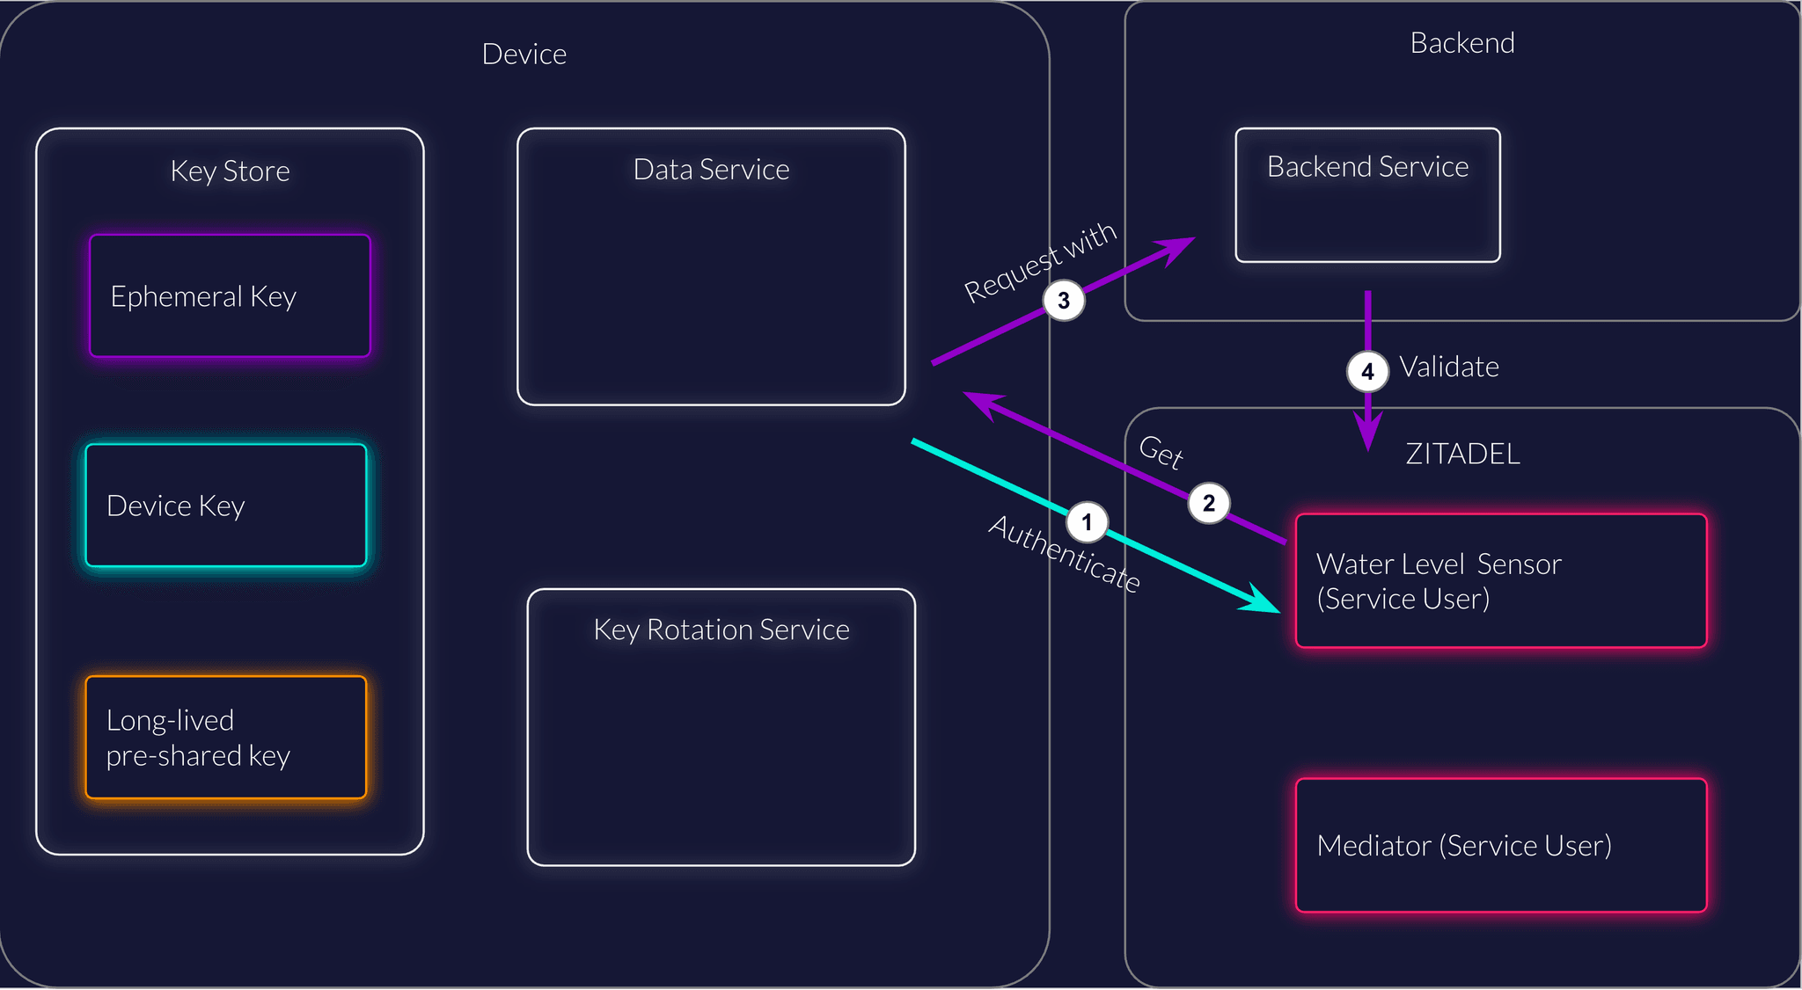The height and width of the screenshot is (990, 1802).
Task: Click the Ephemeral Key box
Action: point(230,295)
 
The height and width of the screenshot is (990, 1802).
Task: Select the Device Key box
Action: point(226,506)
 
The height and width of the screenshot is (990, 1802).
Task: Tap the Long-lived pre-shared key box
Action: point(226,737)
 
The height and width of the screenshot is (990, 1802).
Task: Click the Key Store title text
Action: point(230,171)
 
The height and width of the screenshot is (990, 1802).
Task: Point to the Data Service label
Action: point(711,169)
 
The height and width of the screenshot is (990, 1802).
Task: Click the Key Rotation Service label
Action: point(722,630)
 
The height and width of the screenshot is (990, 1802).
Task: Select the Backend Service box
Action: point(1367,195)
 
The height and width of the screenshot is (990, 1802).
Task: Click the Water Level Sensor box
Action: point(1501,580)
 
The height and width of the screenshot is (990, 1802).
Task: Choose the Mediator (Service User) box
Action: point(1501,845)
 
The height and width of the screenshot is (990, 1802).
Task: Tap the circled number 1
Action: point(1087,522)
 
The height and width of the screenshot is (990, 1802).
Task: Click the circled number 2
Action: point(1209,503)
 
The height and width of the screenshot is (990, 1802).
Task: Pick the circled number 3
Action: point(1064,301)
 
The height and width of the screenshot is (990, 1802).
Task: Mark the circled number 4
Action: point(1367,371)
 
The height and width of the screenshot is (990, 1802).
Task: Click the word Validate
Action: point(1449,367)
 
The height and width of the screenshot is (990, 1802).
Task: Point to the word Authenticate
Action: point(1065,554)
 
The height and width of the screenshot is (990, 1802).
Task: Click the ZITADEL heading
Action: point(1462,454)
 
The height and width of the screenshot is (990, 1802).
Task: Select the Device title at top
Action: point(524,55)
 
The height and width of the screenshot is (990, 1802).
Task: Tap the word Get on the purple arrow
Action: point(1161,452)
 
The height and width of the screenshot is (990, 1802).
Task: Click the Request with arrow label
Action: point(1040,262)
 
